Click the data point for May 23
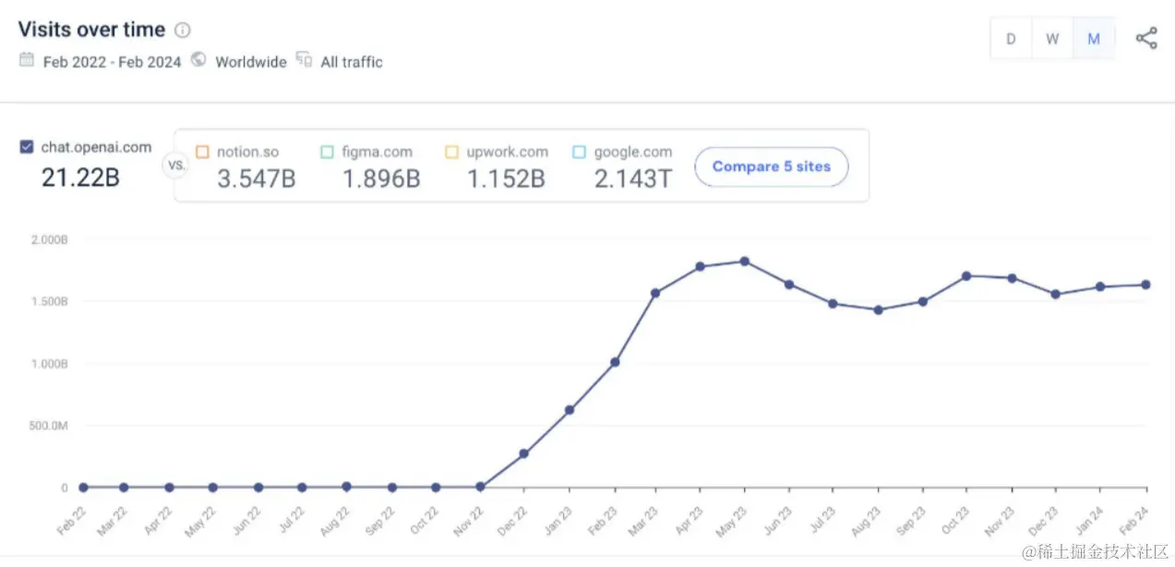tap(744, 261)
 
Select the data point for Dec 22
tap(523, 454)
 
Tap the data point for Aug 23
tap(878, 310)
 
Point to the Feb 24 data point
tap(1145, 284)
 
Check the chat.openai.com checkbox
tap(27, 147)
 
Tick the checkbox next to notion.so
tap(202, 152)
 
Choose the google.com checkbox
tap(579, 152)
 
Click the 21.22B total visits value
tap(80, 177)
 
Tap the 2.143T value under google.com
tap(632, 179)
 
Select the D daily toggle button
tap(1011, 40)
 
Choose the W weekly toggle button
tap(1052, 40)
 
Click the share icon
tap(1146, 39)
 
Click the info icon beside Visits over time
tap(183, 30)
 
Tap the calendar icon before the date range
tap(27, 61)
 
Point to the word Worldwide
tap(250, 63)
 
